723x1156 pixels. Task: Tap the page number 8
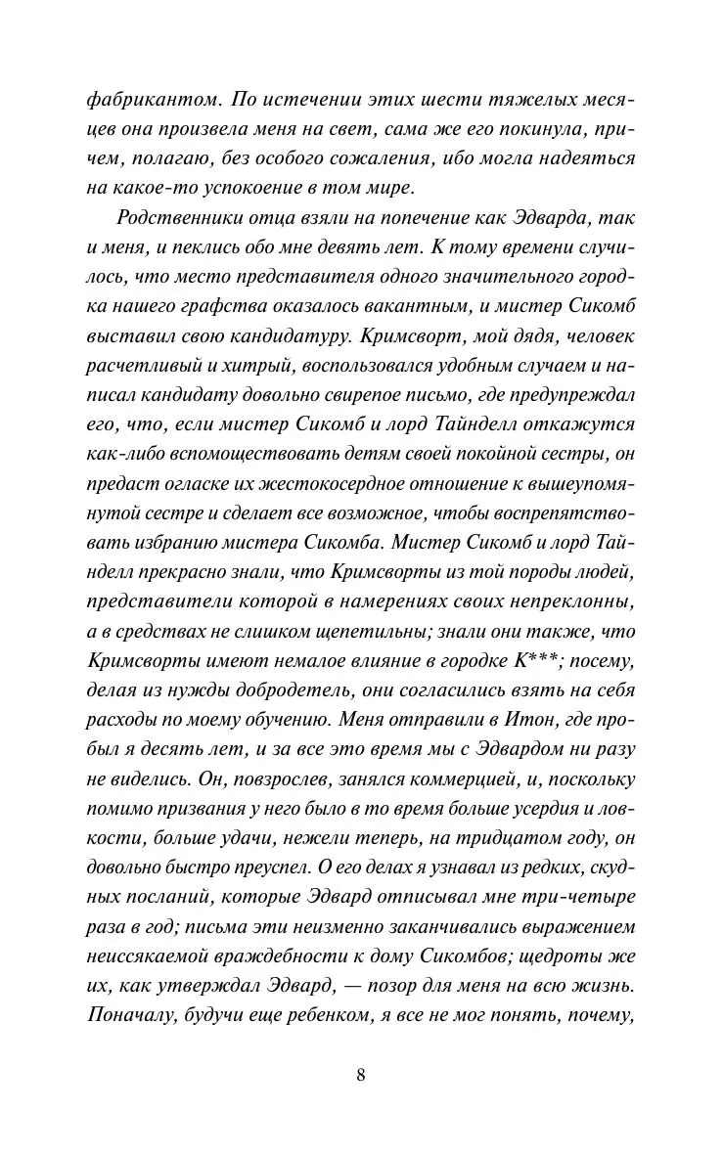[361, 1074]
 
